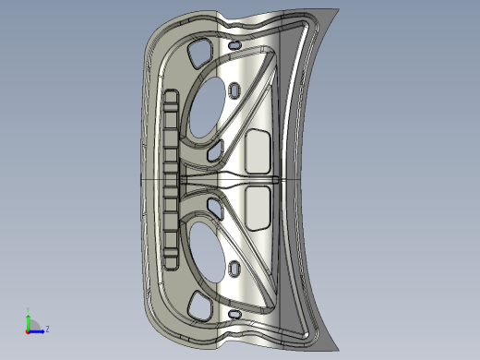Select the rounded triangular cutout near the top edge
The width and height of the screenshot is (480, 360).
click(x=196, y=55)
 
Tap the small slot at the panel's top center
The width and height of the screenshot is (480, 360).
click(x=234, y=44)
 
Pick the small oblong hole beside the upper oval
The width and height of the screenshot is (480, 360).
click(x=234, y=90)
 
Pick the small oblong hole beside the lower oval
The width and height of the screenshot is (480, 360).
click(x=234, y=269)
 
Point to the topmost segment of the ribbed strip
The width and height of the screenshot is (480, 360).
click(x=169, y=98)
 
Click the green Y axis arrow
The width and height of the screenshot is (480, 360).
click(x=28, y=318)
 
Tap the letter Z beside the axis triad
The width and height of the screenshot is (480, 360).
click(x=47, y=329)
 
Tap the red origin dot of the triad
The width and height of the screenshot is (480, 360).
click(x=28, y=330)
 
